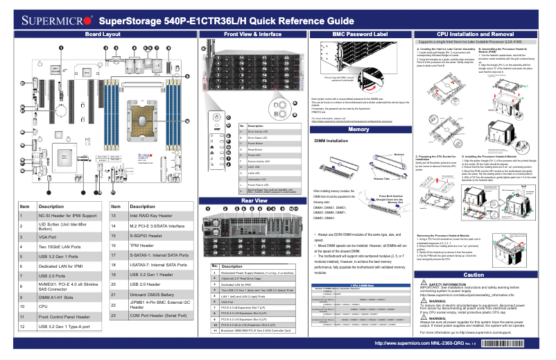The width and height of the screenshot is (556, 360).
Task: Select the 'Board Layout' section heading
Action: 103,33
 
